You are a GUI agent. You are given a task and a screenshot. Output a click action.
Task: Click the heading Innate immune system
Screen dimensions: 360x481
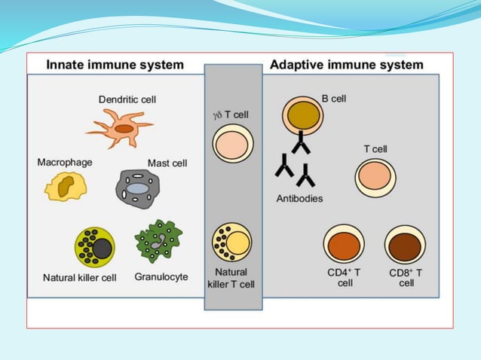(x=115, y=65)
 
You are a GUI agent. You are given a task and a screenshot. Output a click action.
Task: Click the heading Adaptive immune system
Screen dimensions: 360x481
(x=347, y=65)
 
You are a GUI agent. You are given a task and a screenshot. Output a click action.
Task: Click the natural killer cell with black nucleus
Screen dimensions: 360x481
(x=94, y=247)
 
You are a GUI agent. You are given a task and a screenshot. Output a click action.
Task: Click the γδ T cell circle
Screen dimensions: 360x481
(x=232, y=144)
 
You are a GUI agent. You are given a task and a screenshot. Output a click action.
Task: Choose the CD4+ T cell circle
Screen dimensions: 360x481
(x=344, y=245)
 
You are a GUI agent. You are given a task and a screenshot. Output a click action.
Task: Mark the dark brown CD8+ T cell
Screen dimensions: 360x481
(x=406, y=245)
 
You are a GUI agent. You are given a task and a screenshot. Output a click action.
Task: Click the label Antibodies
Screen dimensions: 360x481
(x=299, y=199)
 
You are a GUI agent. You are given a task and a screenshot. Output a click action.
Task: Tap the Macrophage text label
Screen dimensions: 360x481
(x=64, y=161)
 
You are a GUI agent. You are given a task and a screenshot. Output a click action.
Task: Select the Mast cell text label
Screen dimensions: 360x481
(x=167, y=163)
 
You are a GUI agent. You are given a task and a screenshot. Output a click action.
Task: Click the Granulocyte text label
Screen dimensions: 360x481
(x=161, y=277)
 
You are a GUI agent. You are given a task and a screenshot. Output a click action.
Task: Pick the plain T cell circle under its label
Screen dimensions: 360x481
(x=375, y=178)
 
